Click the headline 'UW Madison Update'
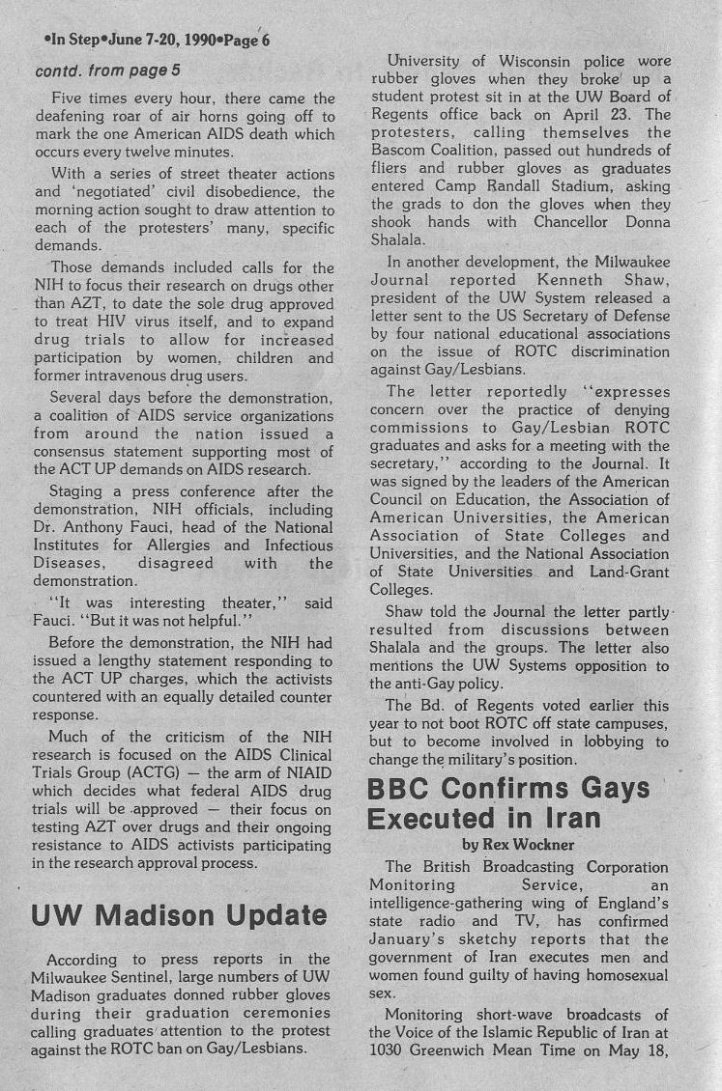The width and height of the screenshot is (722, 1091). [180, 915]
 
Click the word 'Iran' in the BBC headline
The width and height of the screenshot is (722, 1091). [568, 818]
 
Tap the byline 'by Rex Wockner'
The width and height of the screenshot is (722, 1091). [518, 846]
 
